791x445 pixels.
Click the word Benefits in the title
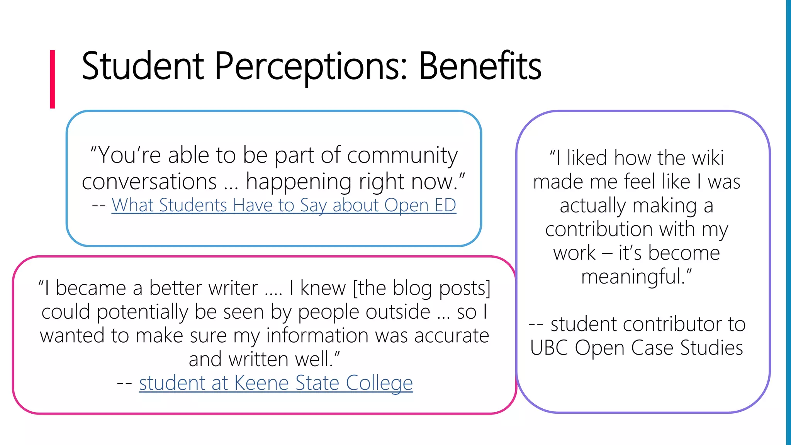(480, 66)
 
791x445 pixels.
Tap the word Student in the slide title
(143, 66)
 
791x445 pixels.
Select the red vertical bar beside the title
(53, 79)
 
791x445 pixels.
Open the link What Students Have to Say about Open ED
(284, 205)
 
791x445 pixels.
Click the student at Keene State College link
(276, 383)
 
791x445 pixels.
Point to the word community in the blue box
(402, 156)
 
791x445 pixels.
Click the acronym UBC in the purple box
(549, 348)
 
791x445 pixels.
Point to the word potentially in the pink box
(143, 312)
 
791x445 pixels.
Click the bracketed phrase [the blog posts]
(422, 289)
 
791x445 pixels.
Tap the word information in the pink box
(317, 336)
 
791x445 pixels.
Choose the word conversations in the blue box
(149, 182)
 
